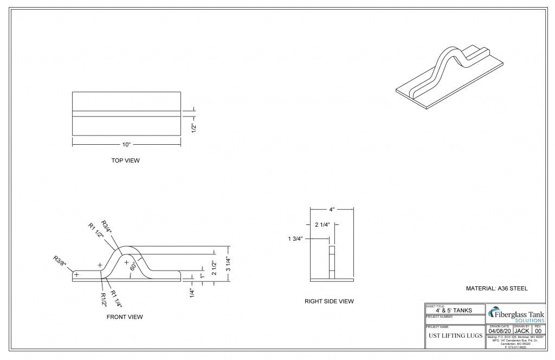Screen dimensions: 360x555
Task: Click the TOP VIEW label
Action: click(125, 161)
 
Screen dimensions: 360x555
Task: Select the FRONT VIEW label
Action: click(125, 317)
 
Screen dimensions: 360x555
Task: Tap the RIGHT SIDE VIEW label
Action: click(329, 301)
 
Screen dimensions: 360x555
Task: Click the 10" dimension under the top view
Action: click(126, 145)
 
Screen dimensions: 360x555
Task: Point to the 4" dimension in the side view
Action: click(332, 209)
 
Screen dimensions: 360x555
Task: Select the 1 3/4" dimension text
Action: click(299, 238)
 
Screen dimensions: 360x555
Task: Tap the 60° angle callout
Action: click(133, 267)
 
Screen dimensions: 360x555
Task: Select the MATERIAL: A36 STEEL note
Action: click(496, 289)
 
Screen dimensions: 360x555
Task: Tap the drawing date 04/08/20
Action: click(499, 331)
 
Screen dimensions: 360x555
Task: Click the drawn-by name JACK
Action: click(521, 331)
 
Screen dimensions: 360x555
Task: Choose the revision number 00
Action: click(538, 331)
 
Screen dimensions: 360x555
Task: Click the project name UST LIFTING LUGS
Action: click(455, 336)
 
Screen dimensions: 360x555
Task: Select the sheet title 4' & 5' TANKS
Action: click(454, 310)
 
